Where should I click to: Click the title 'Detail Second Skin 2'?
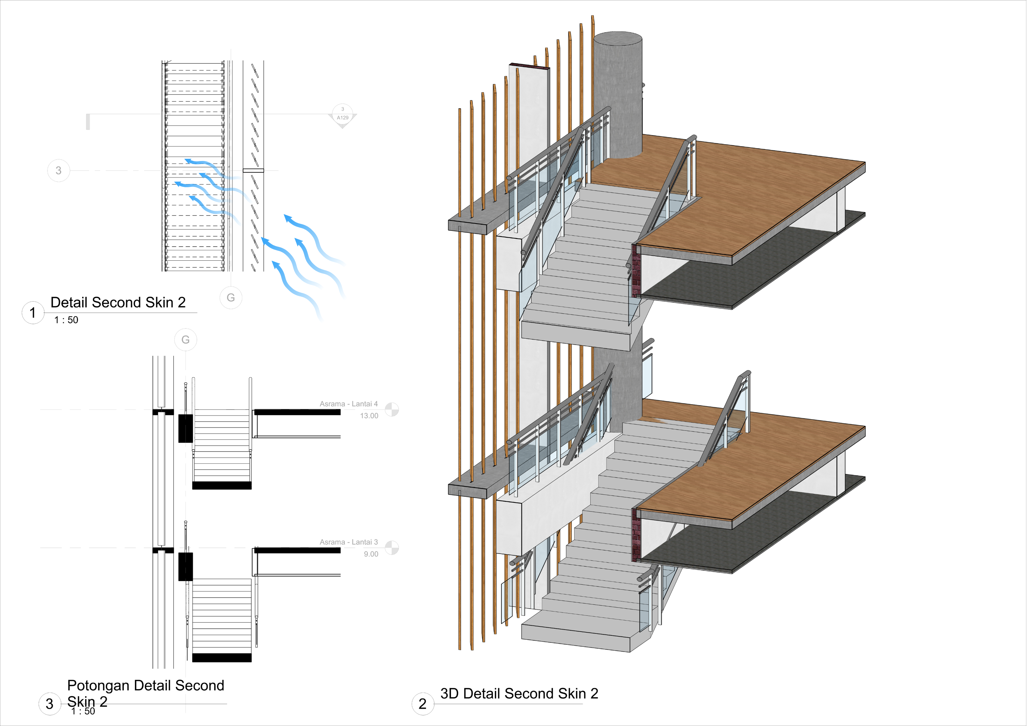[118, 303]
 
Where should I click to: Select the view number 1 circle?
[33, 312]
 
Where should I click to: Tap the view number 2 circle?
[422, 704]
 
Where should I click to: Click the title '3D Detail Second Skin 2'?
[519, 693]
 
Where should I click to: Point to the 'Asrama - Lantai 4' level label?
[348, 404]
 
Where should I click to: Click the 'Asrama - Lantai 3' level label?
[348, 542]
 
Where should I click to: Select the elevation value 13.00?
[369, 416]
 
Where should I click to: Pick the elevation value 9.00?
[371, 554]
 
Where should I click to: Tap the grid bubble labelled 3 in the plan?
[58, 170]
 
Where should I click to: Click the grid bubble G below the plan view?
[231, 298]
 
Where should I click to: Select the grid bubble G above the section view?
[185, 340]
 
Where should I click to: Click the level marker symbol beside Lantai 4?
[392, 409]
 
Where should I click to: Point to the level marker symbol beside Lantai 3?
[392, 548]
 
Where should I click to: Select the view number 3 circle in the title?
[50, 704]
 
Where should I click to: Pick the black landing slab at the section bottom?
[222, 657]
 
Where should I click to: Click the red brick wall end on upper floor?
[636, 271]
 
